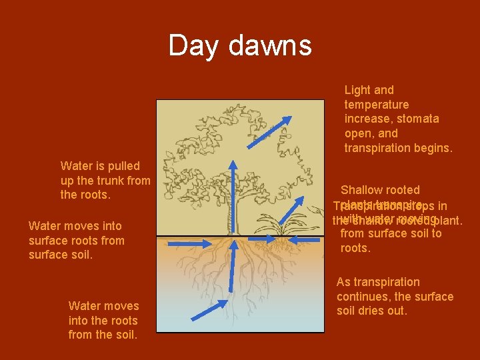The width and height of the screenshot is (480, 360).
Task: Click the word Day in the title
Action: coord(195,46)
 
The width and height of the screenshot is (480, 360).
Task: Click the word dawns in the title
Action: coord(269,46)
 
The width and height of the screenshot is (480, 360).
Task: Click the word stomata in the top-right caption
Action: coord(418,119)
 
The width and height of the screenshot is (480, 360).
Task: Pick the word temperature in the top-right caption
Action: coord(377,104)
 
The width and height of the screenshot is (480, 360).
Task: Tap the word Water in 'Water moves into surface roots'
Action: coord(45,225)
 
